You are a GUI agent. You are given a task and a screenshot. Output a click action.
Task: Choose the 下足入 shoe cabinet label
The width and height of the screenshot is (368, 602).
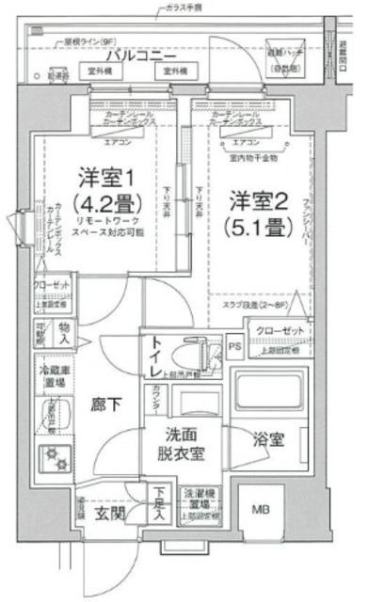click(x=161, y=504)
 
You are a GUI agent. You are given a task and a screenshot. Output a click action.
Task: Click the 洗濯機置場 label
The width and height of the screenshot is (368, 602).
click(x=199, y=499)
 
